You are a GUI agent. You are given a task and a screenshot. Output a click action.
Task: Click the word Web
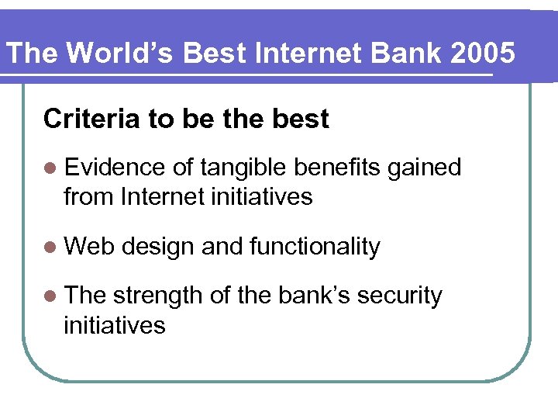pyautogui.click(x=89, y=247)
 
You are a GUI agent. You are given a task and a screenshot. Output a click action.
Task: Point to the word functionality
pyautogui.click(x=315, y=247)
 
